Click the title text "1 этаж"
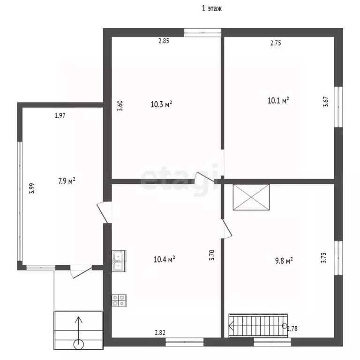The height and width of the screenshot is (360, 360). click(212, 9)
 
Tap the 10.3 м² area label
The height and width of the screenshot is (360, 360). click(161, 105)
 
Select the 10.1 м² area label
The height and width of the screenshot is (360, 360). click(278, 100)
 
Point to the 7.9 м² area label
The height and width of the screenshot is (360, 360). click(67, 181)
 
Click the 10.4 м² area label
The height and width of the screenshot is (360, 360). click(164, 259)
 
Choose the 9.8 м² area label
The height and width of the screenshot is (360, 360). click(284, 261)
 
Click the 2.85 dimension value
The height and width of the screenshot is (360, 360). click(164, 41)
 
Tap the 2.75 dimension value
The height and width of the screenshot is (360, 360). click(276, 43)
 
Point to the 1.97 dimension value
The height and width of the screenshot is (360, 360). click(60, 115)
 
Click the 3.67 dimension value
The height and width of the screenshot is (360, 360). click(326, 101)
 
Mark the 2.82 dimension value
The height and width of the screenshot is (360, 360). click(160, 332)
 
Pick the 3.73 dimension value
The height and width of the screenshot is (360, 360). click(323, 258)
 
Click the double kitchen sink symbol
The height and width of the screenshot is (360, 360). click(119, 261)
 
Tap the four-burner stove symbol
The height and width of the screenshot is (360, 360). click(119, 300)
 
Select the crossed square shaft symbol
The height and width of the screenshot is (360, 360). click(251, 197)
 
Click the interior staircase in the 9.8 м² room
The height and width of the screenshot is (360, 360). click(258, 326)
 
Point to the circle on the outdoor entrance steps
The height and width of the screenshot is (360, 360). click(79, 344)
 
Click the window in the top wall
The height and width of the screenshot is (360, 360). click(202, 32)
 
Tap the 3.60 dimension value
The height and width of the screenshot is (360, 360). click(120, 105)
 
